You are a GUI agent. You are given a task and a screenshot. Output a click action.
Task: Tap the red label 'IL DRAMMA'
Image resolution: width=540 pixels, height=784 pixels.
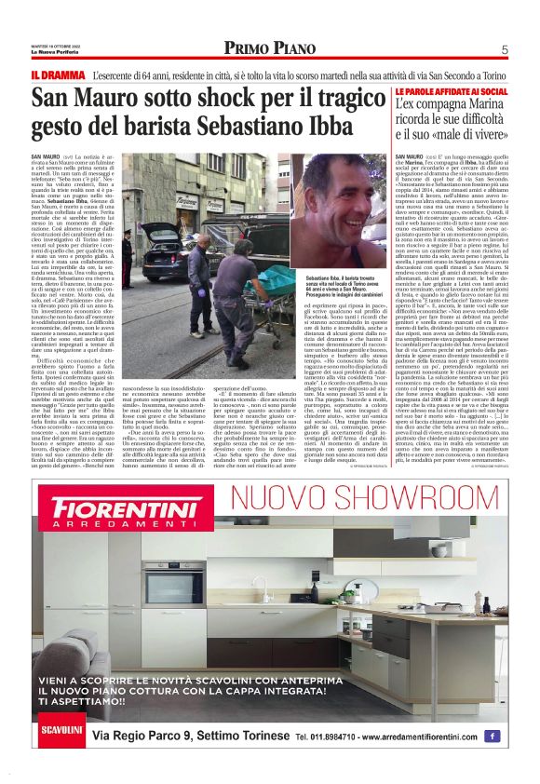click(x=57, y=74)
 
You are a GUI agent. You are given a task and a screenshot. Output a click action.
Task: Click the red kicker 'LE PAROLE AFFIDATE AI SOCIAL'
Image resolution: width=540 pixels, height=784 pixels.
click(x=452, y=91)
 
